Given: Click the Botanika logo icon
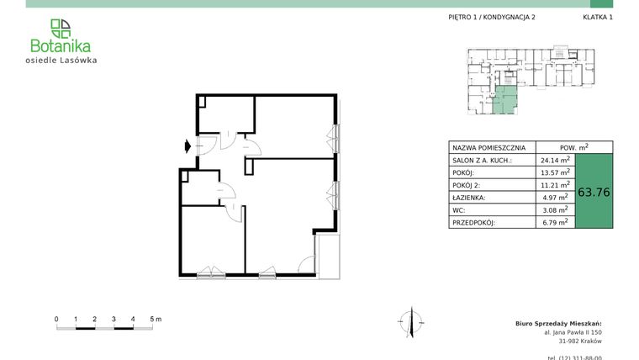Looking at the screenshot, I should tap(61, 28).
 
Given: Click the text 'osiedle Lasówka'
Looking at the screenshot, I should tap(61, 60).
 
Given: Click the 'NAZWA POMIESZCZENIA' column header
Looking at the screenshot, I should tap(489, 146).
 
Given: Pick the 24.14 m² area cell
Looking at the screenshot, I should tap(556, 160).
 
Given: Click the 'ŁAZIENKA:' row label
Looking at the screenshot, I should tap(471, 198).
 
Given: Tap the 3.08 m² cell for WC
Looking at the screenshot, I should tap(556, 210).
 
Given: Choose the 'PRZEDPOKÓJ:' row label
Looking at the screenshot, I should tap(475, 223).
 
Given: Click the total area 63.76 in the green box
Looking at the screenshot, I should tap(594, 192).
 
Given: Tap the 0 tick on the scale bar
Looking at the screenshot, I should tap(56, 320).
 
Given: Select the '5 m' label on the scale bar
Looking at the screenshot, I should tap(156, 320).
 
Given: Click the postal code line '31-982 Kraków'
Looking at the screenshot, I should tap(580, 341).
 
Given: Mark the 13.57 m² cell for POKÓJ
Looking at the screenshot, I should tap(556, 172).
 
